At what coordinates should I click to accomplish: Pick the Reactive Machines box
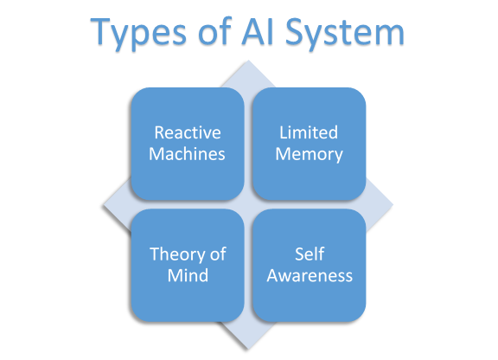coord(188,144)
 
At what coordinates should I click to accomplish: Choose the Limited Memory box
coord(310,144)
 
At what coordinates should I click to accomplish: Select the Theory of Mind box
coord(188,265)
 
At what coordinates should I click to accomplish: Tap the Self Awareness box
coord(310,265)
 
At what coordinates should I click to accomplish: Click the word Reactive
coord(188,133)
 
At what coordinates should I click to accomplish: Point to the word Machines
coord(188,155)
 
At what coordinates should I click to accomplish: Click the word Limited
coord(310,133)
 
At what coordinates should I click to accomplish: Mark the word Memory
coord(310,155)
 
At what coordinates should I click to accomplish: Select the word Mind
coord(188,276)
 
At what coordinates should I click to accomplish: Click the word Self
coord(310,254)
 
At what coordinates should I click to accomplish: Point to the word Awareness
coord(310,276)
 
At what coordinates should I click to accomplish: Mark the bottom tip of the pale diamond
coord(249,347)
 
